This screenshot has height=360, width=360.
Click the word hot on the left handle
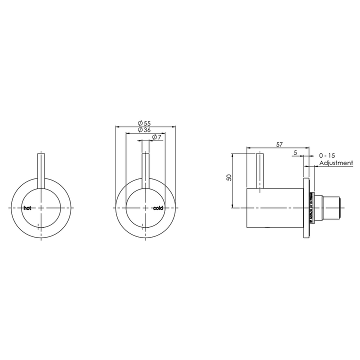(x=27, y=207)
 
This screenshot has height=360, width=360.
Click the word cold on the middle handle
(x=158, y=207)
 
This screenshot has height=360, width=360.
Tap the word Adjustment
(x=335, y=163)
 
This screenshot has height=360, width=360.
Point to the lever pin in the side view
(x=259, y=172)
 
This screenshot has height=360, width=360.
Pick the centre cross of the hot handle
(x=40, y=207)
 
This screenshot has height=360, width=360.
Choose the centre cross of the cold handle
(x=145, y=207)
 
